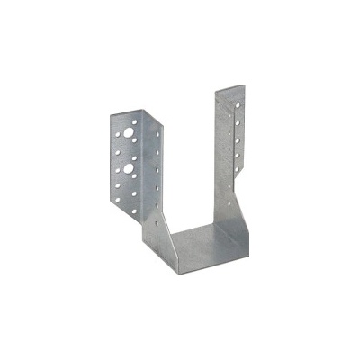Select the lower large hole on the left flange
click(x=132, y=166)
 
